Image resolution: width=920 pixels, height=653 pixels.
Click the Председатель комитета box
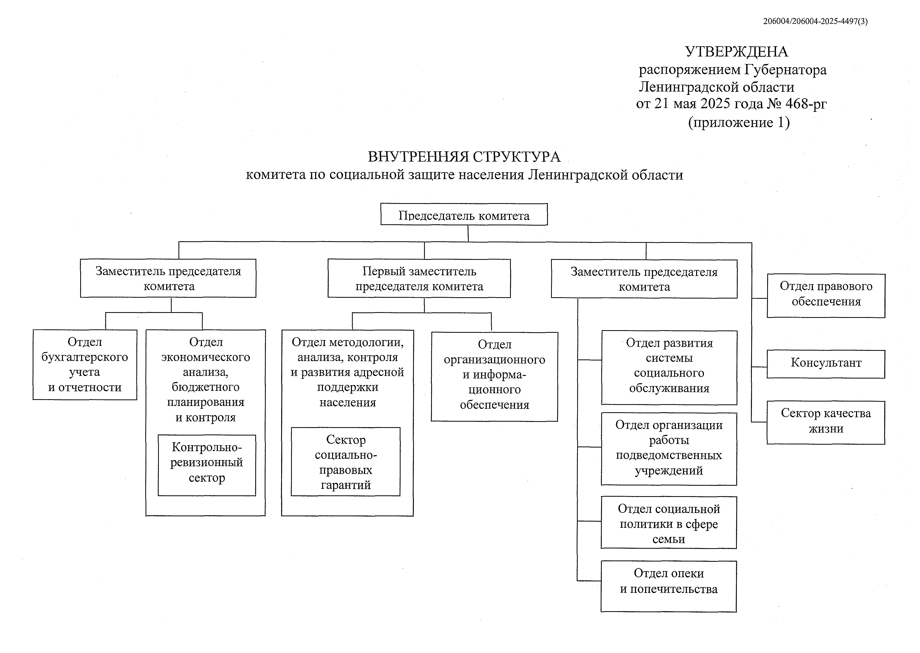pos(464,215)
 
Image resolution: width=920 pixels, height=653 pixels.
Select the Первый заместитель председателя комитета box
pos(419,278)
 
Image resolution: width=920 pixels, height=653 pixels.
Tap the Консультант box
pos(826,364)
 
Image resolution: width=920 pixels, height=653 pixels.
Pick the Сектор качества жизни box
pos(826,422)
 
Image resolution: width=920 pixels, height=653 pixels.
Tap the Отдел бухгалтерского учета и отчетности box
pos(85,364)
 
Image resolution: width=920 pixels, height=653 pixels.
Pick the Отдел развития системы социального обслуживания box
pos(669,367)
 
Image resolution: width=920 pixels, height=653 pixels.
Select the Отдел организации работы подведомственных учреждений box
pos(669,448)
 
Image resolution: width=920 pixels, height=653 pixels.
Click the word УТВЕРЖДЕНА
pos(736,52)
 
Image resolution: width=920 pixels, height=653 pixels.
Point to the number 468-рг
pos(806,104)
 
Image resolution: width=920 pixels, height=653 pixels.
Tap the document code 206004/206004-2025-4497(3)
pos(815,21)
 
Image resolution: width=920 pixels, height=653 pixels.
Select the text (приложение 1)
pos(739,122)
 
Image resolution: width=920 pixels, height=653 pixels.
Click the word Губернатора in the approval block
pos(785,70)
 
